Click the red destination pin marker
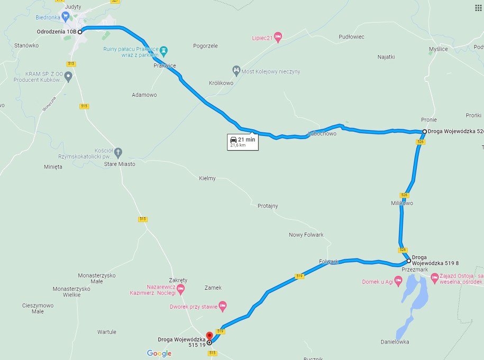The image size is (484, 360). pos(209,336)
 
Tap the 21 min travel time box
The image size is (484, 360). pos(242,142)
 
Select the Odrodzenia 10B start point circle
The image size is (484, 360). pos(80,32)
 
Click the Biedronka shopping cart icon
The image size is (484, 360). pos(66,16)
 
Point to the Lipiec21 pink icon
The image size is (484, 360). pos(278,36)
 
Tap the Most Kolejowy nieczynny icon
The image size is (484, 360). pos(236,70)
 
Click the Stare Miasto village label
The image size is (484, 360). pos(119,164)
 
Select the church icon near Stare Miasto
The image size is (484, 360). pos(118,153)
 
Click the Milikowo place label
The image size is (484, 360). pos(402,203)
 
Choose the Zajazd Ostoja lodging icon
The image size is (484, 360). pos(434,276)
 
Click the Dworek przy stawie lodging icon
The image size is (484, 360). pos(223,306)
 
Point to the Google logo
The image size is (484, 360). pos(159,353)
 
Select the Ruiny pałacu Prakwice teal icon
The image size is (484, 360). pos(164,51)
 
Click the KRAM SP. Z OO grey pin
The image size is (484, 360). pos(68,77)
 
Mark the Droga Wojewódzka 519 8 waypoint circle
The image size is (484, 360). pos(408,261)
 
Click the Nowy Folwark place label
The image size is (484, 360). pos(306,235)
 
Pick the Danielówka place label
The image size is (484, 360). pos(395,342)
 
